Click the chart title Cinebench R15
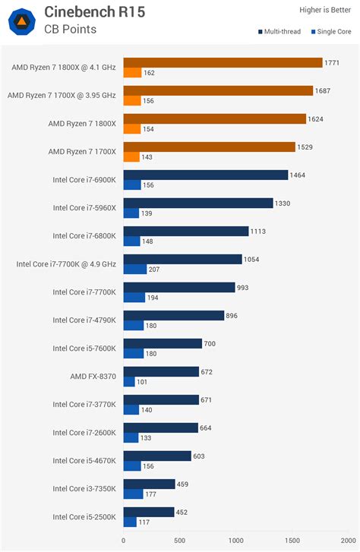[94, 11]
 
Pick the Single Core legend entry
[331, 32]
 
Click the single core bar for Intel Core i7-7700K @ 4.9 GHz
[134, 269]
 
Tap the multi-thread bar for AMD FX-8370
[160, 371]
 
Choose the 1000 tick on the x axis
[235, 541]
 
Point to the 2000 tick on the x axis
[348, 541]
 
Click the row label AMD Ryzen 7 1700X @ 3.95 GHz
[62, 96]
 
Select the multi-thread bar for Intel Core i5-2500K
[148, 512]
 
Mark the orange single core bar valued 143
[131, 156]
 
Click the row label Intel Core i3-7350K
[84, 489]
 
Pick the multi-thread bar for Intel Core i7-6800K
[185, 231]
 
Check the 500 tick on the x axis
[179, 541]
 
